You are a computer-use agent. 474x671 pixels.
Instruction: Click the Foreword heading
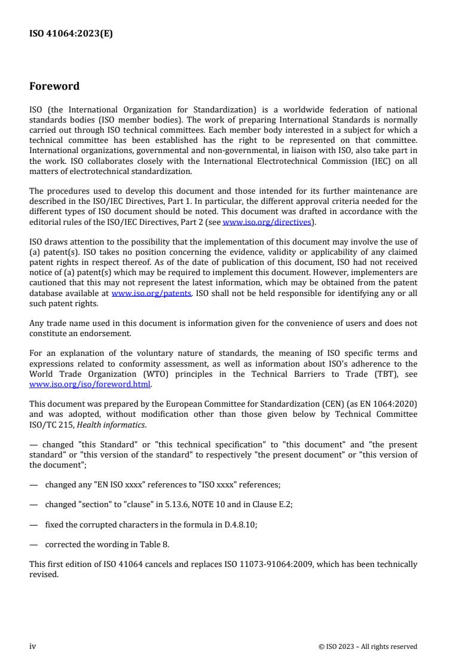[54, 86]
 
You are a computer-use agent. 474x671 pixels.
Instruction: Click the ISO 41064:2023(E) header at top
[71, 34]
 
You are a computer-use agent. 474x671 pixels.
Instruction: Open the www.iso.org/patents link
[151, 294]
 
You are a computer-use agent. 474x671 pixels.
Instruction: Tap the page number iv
[33, 646]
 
